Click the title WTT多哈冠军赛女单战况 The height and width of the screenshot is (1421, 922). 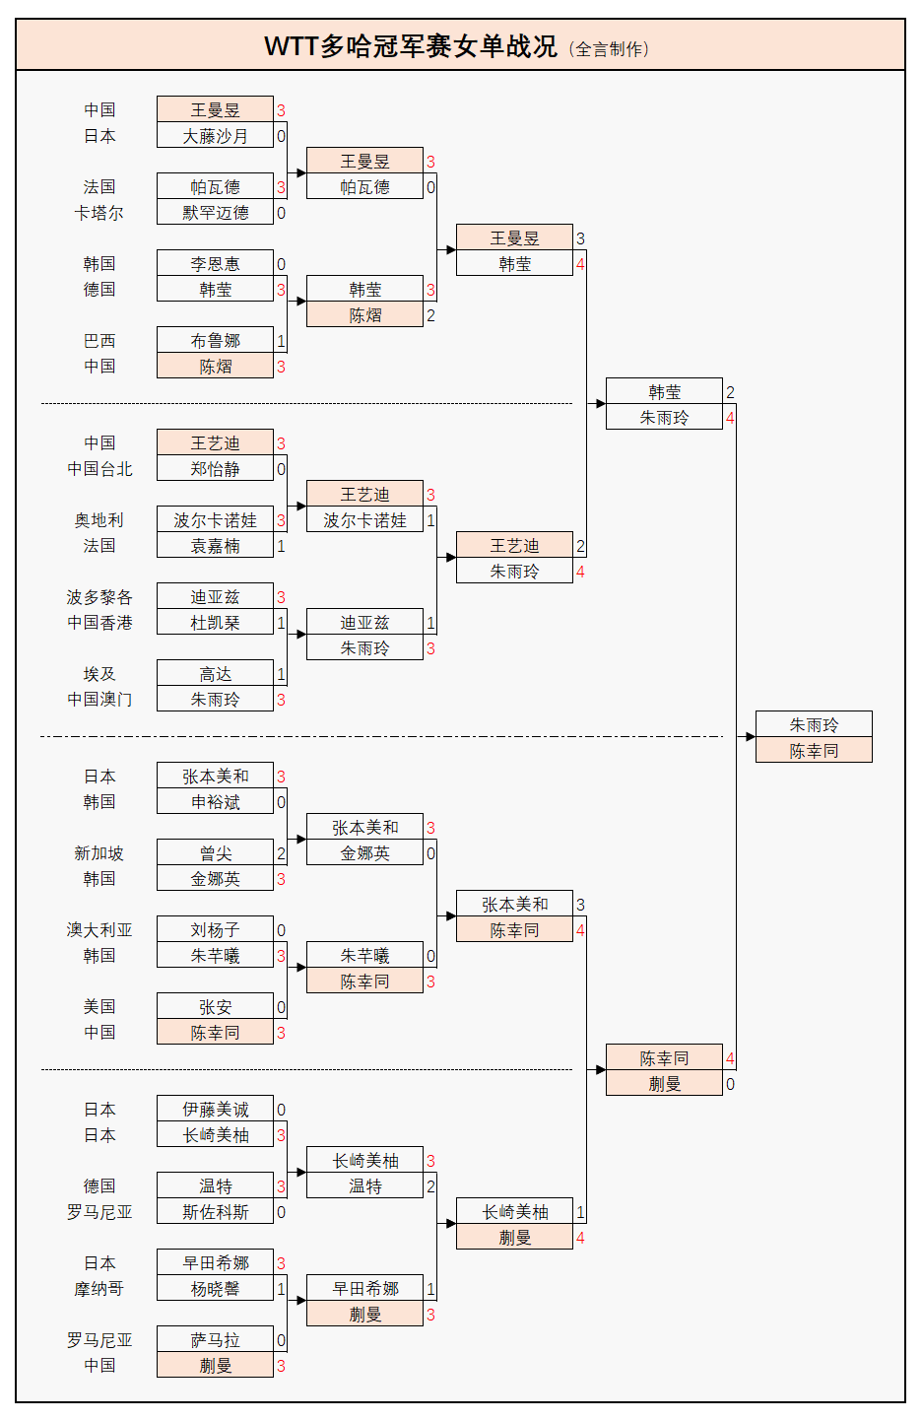[410, 45]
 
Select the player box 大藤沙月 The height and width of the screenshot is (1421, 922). [215, 136]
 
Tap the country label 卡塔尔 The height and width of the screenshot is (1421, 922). [99, 213]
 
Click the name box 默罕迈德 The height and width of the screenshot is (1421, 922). [215, 213]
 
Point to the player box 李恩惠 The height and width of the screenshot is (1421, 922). [215, 264]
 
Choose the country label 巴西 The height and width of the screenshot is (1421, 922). [99, 341]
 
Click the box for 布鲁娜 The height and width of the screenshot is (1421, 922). [215, 341]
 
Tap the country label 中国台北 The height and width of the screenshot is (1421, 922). [99, 469]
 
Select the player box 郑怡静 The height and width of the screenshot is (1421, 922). [215, 469]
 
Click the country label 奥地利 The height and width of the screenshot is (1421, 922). [99, 520]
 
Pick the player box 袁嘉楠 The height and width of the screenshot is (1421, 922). [215, 546]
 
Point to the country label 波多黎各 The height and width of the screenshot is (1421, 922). [99, 597]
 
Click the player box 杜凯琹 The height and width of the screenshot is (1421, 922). [215, 623]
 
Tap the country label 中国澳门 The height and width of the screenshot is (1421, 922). [99, 700]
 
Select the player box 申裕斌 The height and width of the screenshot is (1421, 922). [215, 802]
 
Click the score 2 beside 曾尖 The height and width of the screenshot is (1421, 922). [281, 853]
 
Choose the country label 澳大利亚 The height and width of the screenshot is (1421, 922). [99, 930]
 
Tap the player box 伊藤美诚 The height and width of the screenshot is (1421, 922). [215, 1110]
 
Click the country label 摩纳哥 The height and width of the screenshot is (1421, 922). [99, 1289]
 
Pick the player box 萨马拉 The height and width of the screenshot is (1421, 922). [215, 1340]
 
